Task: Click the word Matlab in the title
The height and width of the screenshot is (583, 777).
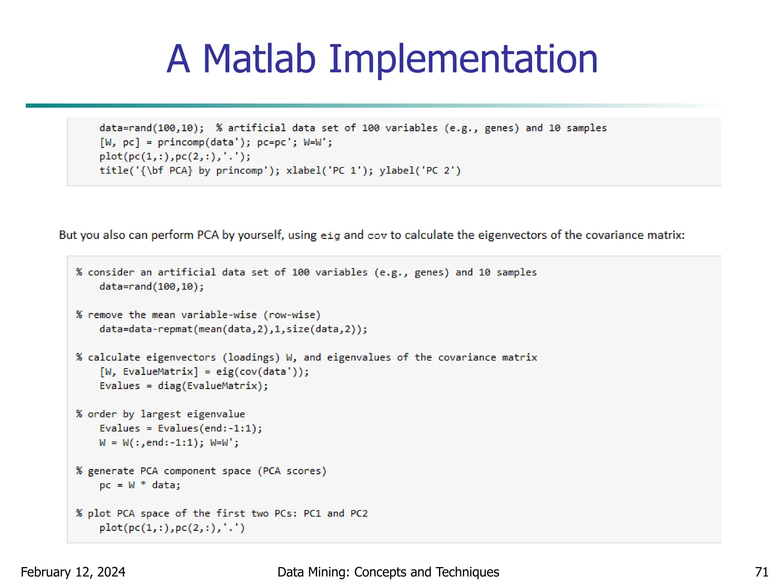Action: (259, 59)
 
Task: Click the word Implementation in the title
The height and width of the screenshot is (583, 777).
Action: (463, 59)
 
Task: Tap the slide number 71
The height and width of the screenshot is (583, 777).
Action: (761, 572)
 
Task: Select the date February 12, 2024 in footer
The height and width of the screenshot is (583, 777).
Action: (73, 572)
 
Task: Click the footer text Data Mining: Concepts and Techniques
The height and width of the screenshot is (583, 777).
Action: (388, 572)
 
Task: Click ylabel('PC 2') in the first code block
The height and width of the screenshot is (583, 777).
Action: (420, 170)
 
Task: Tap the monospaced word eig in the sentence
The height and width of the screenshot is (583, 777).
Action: (330, 236)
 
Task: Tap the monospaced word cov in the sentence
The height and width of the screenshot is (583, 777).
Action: (377, 236)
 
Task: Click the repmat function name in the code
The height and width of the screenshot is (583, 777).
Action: (175, 329)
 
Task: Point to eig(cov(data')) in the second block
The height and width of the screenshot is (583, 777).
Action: (263, 371)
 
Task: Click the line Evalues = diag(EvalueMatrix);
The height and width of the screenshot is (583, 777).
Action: (184, 386)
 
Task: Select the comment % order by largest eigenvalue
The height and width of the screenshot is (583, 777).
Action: (160, 414)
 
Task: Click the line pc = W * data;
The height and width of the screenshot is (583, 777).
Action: (140, 485)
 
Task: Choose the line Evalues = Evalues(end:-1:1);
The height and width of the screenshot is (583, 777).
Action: (181, 428)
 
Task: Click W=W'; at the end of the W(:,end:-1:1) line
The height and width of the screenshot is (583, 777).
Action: (224, 443)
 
